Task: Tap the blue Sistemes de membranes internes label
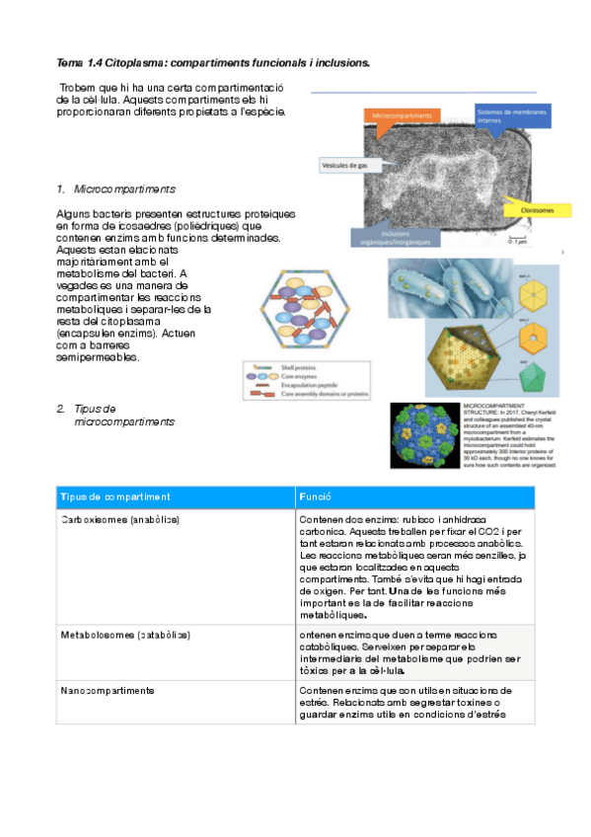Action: (512, 115)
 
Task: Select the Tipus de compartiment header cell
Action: (114, 496)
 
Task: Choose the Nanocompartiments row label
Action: (107, 689)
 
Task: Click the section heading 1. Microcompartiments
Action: (115, 188)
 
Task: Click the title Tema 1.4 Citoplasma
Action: (213, 62)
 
